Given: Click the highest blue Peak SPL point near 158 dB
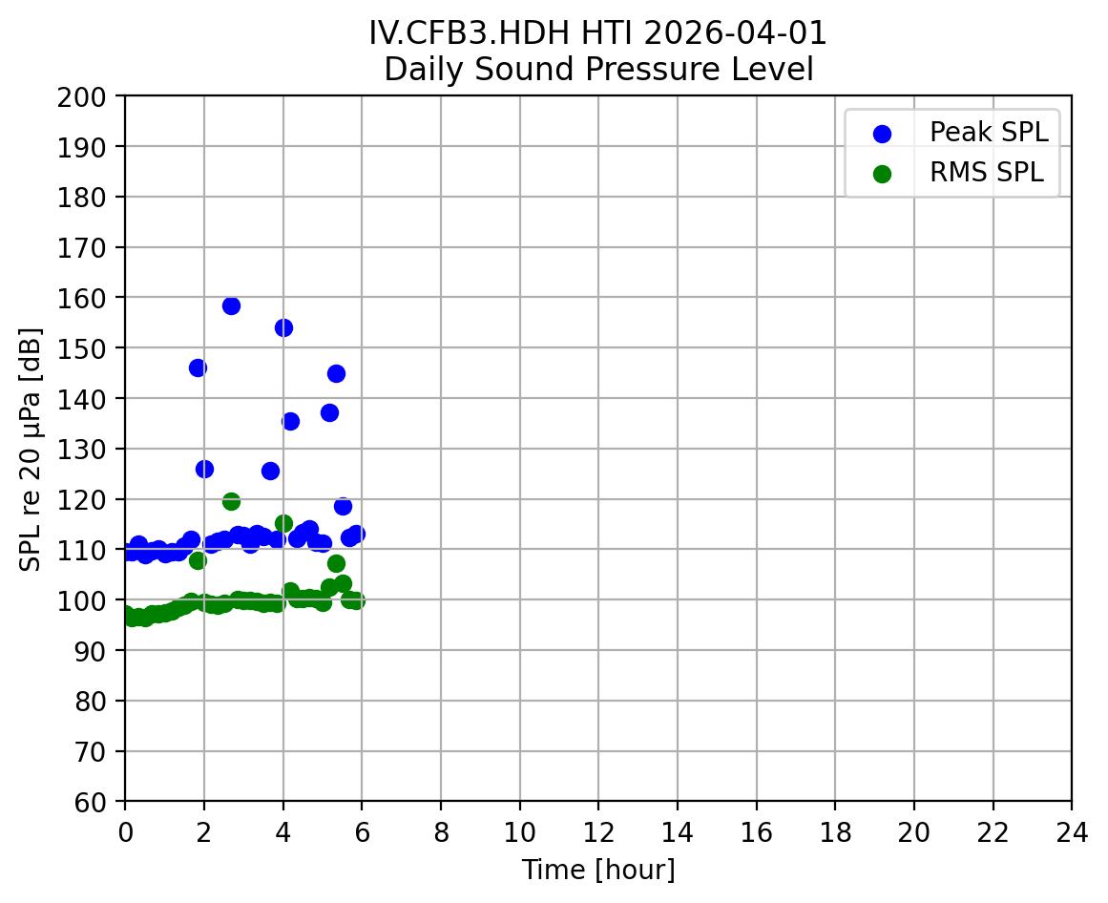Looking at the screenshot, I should tap(231, 305).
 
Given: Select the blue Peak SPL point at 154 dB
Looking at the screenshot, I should tap(283, 327).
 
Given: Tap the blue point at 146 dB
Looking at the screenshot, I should tap(198, 367).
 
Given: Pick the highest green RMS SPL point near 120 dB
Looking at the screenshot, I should tap(231, 501).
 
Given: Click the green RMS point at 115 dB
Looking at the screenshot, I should tap(283, 523).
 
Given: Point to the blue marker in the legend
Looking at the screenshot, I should tap(882, 133).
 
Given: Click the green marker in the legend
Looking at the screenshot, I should tap(882, 174).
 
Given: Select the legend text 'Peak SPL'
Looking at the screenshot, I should tap(989, 133).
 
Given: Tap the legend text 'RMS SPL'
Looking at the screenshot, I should tap(987, 174).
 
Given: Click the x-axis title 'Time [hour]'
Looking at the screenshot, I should tap(598, 871).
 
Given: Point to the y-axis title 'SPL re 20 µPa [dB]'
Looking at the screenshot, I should tap(31, 449).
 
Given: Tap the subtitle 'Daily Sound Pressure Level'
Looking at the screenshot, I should tap(598, 70).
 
